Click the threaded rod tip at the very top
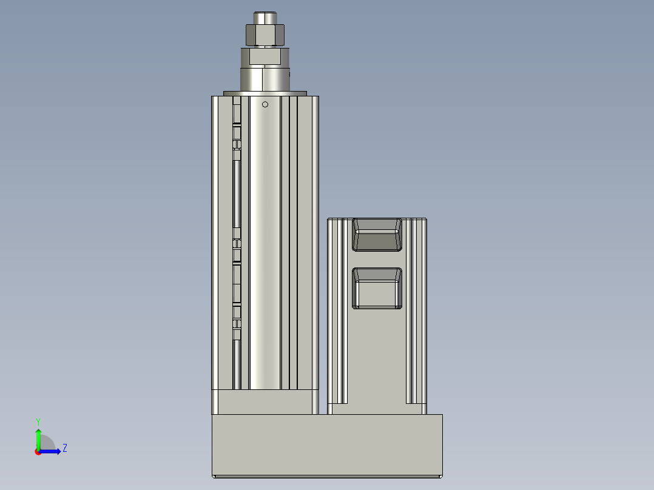coord(265,18)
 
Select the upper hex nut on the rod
coord(265,35)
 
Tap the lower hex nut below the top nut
coord(265,57)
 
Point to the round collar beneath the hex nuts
coord(265,78)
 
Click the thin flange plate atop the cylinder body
coord(265,93)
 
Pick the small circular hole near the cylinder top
coord(265,104)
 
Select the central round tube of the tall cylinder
coord(265,243)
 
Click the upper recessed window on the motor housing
coord(377,235)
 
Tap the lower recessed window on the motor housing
coord(377,288)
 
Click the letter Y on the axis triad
coord(38,421)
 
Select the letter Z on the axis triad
coord(64,449)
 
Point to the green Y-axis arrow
coord(38,438)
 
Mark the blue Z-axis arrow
coord(52,451)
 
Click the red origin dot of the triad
coord(38,452)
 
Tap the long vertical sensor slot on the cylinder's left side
coord(237,200)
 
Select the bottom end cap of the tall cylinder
coord(265,402)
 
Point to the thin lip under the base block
coord(327,476)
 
